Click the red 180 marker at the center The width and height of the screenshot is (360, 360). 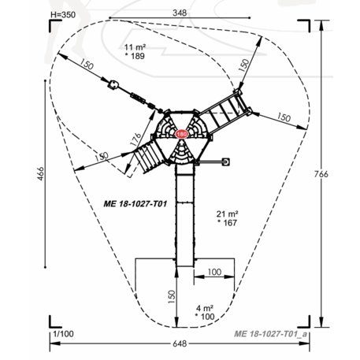181,134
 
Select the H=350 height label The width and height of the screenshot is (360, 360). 63,15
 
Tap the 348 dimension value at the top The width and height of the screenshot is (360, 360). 180,13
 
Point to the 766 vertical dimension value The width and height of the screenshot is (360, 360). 321,174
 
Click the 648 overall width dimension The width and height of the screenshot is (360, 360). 180,343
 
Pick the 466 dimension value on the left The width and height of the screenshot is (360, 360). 40,173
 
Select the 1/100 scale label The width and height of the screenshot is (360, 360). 63,334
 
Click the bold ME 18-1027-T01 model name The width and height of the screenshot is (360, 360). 135,204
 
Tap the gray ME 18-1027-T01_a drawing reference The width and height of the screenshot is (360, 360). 270,334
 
